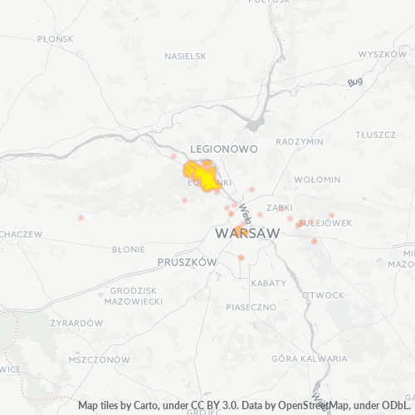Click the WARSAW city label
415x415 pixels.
(247, 235)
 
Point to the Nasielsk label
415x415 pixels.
(185, 56)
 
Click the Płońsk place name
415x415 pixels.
(33, 38)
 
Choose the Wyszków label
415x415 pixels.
(383, 54)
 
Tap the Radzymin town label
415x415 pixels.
(299, 142)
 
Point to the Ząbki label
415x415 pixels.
(278, 208)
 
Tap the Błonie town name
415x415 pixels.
(128, 248)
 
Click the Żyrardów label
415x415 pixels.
(76, 323)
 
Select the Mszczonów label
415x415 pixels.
(100, 360)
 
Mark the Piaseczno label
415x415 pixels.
(250, 307)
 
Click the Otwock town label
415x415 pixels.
(323, 295)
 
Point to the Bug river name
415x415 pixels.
(356, 81)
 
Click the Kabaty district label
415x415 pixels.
(267, 283)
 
